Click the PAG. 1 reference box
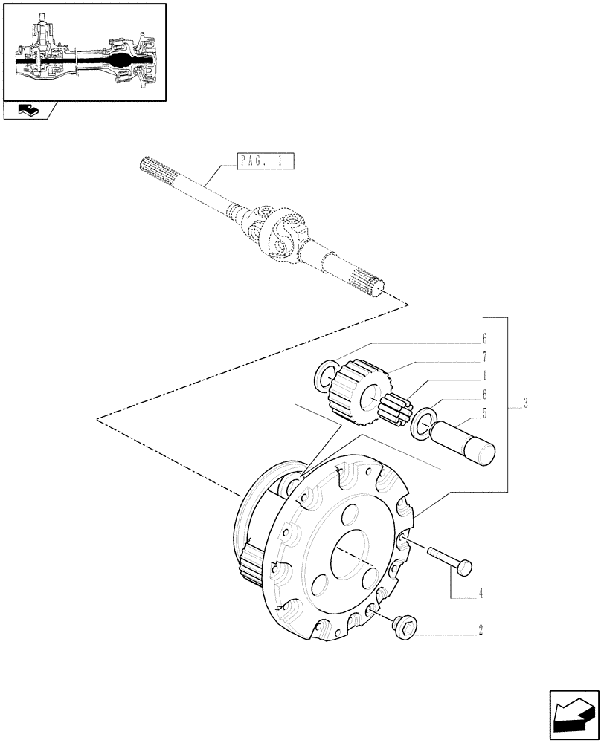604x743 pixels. click(x=266, y=160)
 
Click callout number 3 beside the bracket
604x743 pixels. click(x=525, y=404)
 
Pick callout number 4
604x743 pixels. click(x=481, y=594)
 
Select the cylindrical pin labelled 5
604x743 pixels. click(x=465, y=441)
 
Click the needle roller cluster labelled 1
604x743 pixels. click(x=396, y=409)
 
